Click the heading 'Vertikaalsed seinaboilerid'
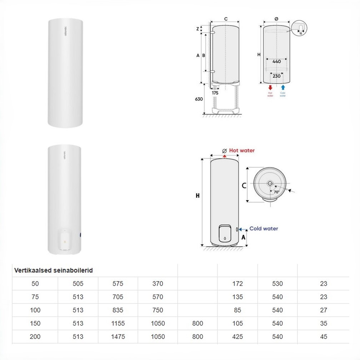pyautogui.click(x=54, y=270)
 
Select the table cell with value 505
pyautogui.click(x=78, y=284)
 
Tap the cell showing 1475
pyautogui.click(x=117, y=336)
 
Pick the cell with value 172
pyautogui.click(x=237, y=284)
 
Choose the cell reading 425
pyautogui.click(x=237, y=336)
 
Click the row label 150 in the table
pyautogui.click(x=35, y=323)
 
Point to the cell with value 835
pyautogui.click(x=117, y=310)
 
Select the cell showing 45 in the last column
pyautogui.click(x=323, y=336)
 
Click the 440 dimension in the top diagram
pyautogui.click(x=276, y=61)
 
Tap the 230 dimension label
pyautogui.click(x=276, y=76)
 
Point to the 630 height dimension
pyautogui.click(x=199, y=99)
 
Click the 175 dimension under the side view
pyautogui.click(x=215, y=93)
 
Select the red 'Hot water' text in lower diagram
pyautogui.click(x=242, y=150)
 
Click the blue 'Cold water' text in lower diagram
pyautogui.click(x=264, y=229)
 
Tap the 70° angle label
pyautogui.click(x=276, y=192)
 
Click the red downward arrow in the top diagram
pyautogui.click(x=270, y=87)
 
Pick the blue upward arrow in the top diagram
pyautogui.click(x=283, y=87)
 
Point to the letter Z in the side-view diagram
pyautogui.click(x=197, y=29)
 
